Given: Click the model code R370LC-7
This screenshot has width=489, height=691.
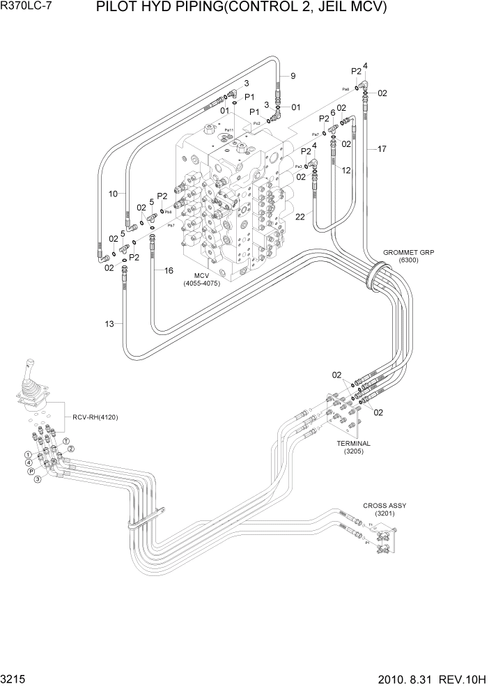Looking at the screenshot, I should click(x=26, y=8).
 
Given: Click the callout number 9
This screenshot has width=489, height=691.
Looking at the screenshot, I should click(x=293, y=76).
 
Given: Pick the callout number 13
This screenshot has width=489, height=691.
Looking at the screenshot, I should click(x=109, y=323).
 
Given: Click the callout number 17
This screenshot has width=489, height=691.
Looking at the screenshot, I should click(x=381, y=148).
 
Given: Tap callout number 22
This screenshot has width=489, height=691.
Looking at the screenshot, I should click(x=300, y=218).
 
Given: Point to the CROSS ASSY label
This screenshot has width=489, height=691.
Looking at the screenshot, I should click(x=384, y=506).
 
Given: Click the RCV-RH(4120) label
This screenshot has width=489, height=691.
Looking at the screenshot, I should click(x=95, y=418).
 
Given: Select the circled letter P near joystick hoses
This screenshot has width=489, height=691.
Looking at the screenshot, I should click(x=31, y=472).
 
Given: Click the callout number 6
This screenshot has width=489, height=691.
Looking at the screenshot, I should click(x=333, y=112).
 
